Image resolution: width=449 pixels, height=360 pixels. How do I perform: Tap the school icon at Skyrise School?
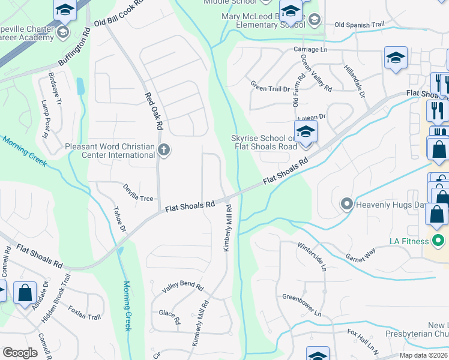[x=306, y=131]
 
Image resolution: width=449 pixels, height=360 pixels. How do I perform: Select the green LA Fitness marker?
[x=438, y=241]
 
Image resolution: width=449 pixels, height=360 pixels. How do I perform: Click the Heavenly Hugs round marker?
[x=346, y=205]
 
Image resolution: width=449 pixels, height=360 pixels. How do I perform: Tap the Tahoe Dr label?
[x=119, y=220]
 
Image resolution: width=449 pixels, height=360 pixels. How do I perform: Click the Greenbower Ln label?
[x=302, y=305]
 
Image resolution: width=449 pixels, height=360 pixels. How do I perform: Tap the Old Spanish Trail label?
[x=359, y=25]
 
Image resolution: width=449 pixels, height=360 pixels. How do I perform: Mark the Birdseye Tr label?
[x=54, y=89]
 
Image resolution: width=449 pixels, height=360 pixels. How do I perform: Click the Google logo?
[x=20, y=353]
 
